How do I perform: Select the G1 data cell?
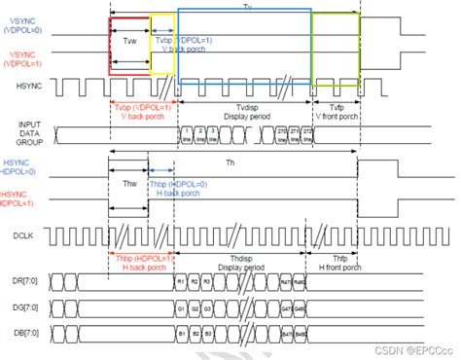pyautogui.click(x=181, y=306)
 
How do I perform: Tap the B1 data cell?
pyautogui.click(x=181, y=333)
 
